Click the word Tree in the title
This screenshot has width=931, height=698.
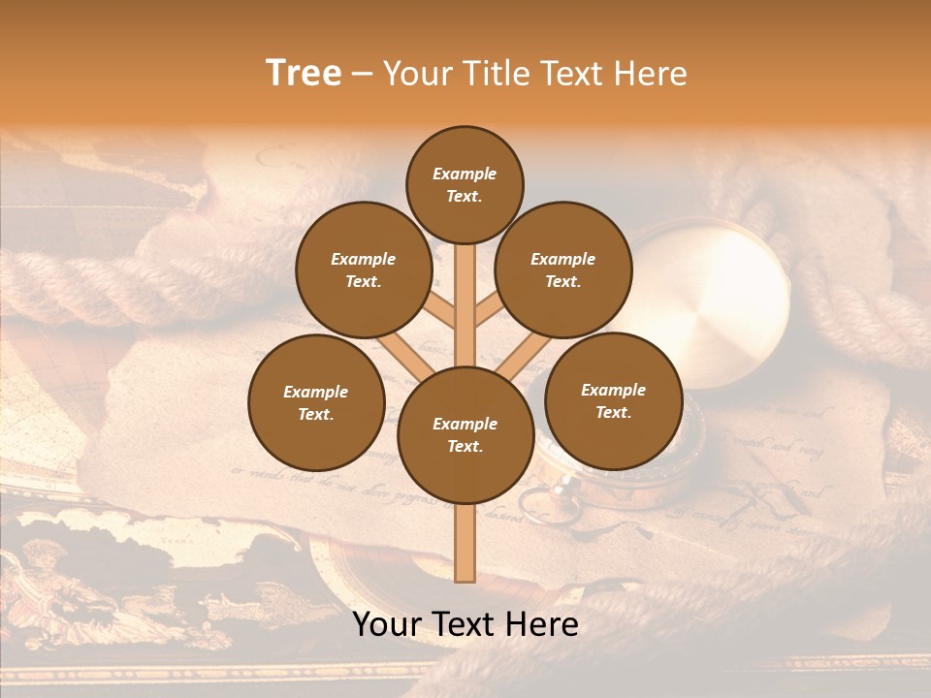pyautogui.click(x=304, y=74)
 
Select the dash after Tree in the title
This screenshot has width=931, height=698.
pyautogui.click(x=362, y=75)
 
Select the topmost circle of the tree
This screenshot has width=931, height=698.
pyautogui.click(x=465, y=184)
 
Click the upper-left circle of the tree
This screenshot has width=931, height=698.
pyautogui.click(x=363, y=270)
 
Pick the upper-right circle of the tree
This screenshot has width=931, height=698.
pyautogui.click(x=562, y=270)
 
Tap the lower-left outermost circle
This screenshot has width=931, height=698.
pyautogui.click(x=316, y=402)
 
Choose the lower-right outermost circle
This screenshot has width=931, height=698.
pyautogui.click(x=613, y=400)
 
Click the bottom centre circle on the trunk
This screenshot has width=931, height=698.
pyautogui.click(x=465, y=434)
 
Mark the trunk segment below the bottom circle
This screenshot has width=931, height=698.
pyautogui.click(x=465, y=543)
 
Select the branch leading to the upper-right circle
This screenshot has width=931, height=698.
pyautogui.click(x=488, y=310)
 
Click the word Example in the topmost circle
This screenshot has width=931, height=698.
pyautogui.click(x=465, y=174)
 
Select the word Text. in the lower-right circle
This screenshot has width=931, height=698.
pyautogui.click(x=613, y=412)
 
